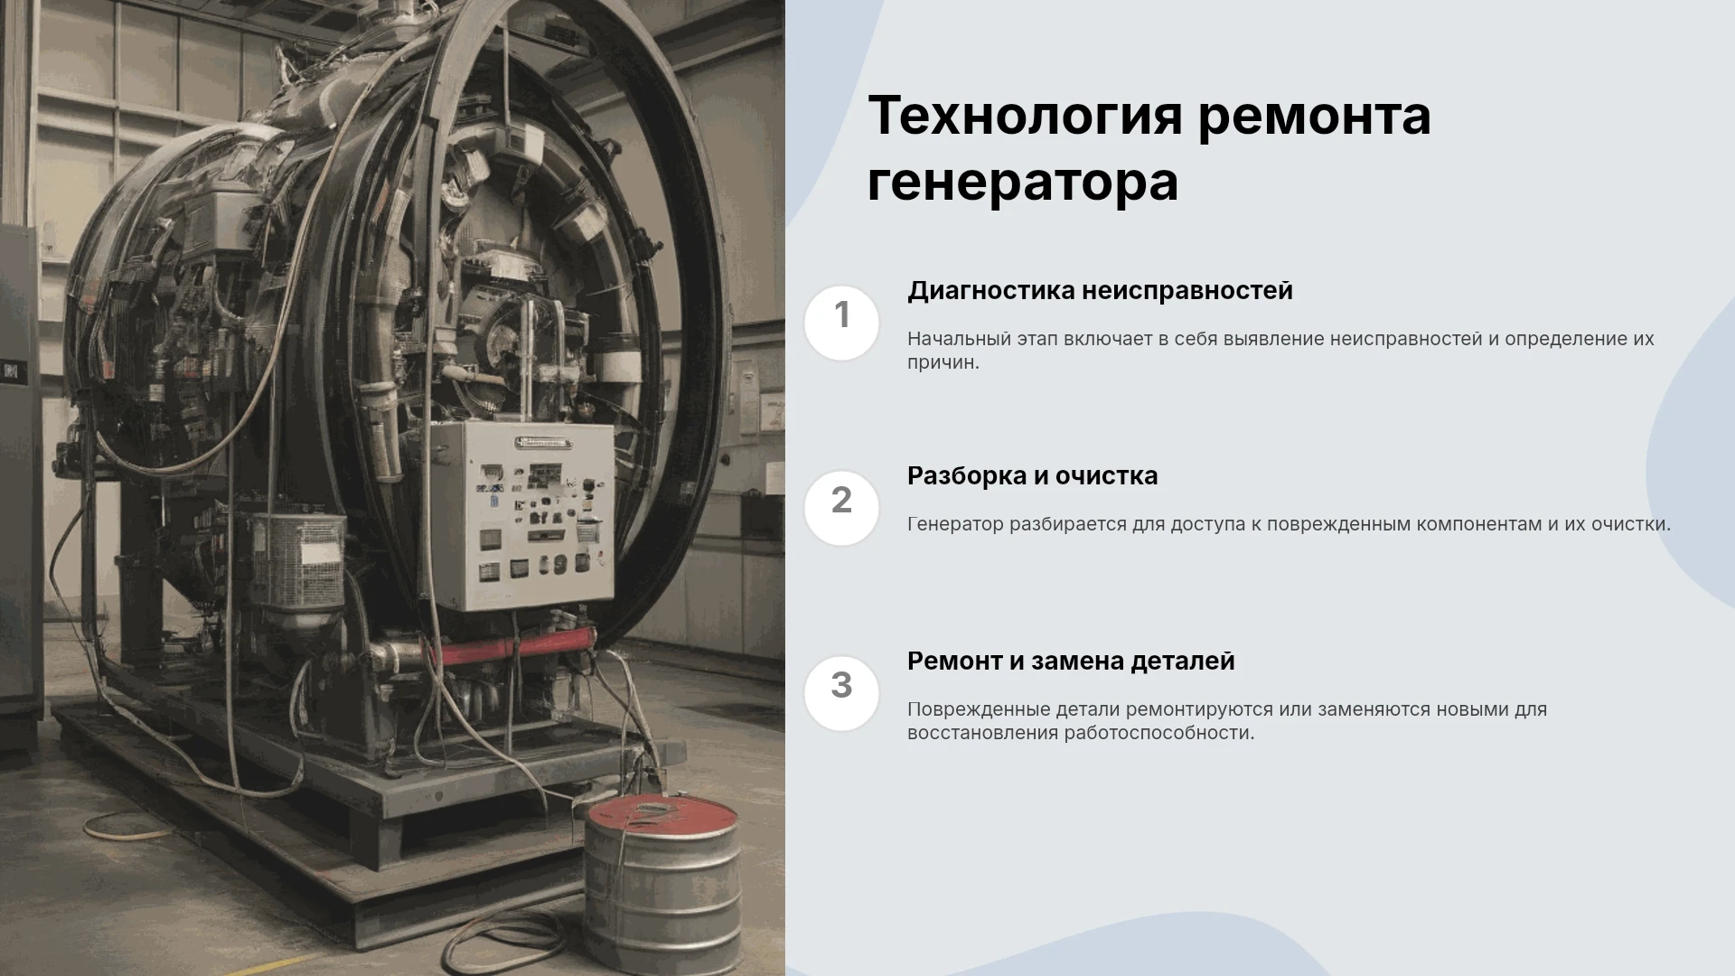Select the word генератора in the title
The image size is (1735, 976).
point(1023,183)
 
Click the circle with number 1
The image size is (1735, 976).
point(841,323)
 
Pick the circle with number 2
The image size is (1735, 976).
point(841,508)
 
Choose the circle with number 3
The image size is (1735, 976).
point(841,693)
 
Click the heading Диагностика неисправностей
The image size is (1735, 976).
point(1100,291)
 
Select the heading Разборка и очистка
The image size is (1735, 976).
point(1032,476)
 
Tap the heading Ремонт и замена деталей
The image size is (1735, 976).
point(1071,662)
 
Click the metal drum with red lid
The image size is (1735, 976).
point(661,881)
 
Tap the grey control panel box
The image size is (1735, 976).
point(521,516)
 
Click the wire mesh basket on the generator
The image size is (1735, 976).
point(297,560)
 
